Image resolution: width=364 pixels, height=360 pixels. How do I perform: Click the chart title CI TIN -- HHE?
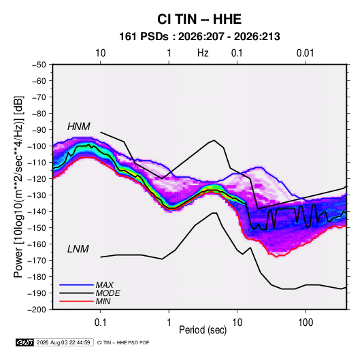point(199,19)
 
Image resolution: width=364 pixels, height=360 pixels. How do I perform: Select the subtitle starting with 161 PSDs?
point(199,37)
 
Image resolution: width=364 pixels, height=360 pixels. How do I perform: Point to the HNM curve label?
point(79,127)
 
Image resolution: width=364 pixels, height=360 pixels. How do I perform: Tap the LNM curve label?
point(78,249)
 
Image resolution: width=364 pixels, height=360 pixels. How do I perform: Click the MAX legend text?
point(105,284)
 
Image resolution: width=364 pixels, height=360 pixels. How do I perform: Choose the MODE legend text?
point(107,293)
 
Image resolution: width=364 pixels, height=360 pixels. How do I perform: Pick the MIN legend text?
point(103,301)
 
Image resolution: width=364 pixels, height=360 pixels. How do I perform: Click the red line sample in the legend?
point(76,301)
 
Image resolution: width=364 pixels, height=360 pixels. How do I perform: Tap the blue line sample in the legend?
point(76,284)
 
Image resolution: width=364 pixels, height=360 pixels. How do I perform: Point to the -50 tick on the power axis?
point(39,65)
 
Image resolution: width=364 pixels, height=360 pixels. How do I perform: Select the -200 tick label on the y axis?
point(37,310)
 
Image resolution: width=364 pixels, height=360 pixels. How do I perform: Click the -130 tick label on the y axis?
point(37,195)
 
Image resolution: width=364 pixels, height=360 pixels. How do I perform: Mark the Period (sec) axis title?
point(203,330)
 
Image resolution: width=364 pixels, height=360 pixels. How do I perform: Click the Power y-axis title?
point(18,187)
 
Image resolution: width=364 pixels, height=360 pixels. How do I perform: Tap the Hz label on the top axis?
point(203,53)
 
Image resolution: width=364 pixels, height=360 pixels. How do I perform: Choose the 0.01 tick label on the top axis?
point(305,53)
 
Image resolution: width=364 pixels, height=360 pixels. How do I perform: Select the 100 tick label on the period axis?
point(305,323)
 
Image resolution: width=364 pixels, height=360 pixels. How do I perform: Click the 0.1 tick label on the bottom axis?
point(100,323)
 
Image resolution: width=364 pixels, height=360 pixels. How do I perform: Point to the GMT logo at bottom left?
point(24,342)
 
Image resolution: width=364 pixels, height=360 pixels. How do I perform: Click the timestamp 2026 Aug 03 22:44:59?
point(63,342)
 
